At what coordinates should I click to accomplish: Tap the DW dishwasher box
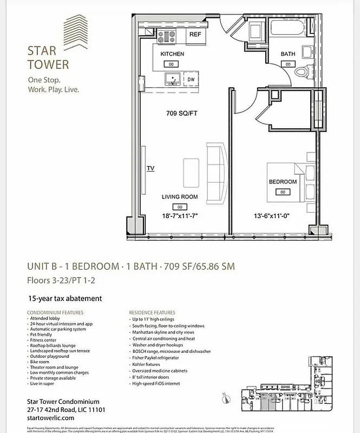(x=191, y=80)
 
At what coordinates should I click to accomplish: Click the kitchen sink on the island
(x=173, y=79)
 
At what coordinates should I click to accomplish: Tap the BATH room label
(x=287, y=54)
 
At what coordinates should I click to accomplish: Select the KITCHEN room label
(x=172, y=54)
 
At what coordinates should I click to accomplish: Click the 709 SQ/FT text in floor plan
(x=182, y=114)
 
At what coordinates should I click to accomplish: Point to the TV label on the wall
(x=150, y=168)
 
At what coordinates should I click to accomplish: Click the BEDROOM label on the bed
(x=283, y=182)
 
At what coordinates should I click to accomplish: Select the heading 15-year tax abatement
(x=65, y=298)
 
